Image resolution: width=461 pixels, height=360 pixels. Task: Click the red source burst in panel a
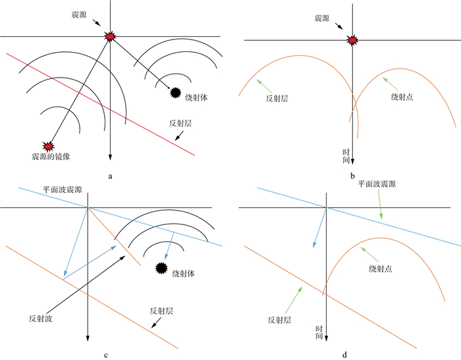(110, 36)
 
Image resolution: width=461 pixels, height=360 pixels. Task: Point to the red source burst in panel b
(353, 41)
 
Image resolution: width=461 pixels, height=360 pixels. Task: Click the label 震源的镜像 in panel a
(47, 157)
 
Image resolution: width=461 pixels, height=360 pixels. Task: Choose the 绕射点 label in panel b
(404, 97)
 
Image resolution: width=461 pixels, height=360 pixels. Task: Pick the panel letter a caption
(110, 176)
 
